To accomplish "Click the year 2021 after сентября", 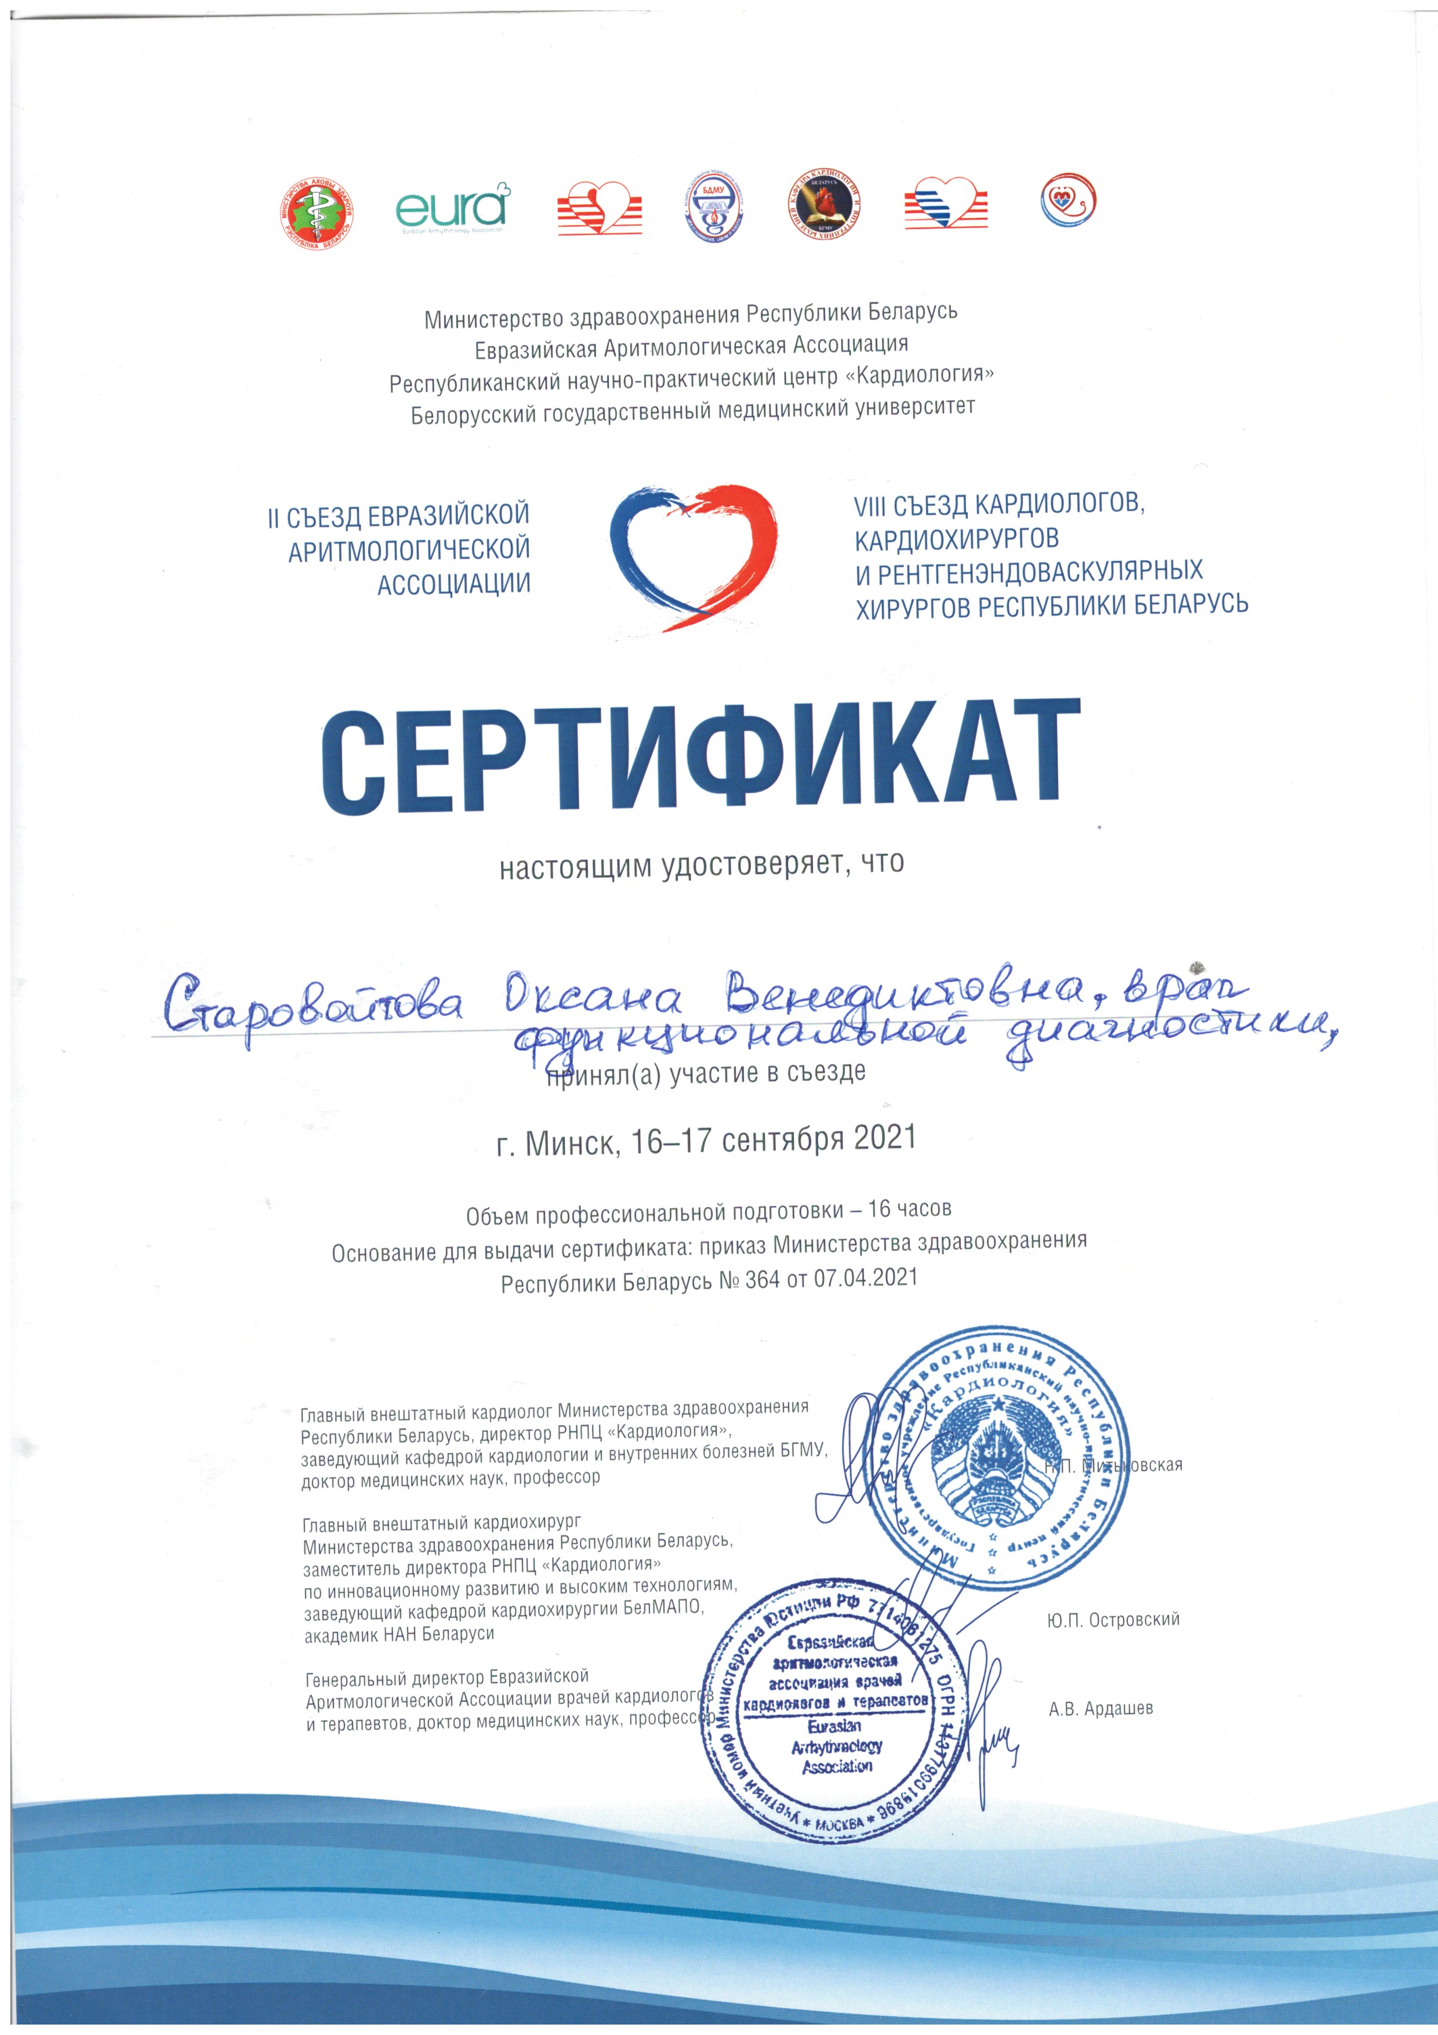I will pos(884,1138).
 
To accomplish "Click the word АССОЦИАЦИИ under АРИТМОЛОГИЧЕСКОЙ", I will pos(453,585).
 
